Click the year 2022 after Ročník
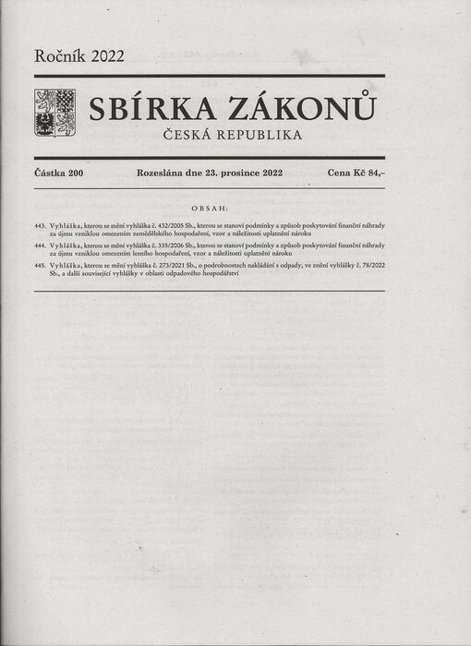click(x=104, y=55)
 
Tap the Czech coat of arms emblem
click(x=54, y=113)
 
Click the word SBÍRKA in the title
click(x=149, y=109)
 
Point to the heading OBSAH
click(x=209, y=209)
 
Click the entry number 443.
click(x=39, y=225)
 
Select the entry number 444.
click(x=39, y=246)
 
